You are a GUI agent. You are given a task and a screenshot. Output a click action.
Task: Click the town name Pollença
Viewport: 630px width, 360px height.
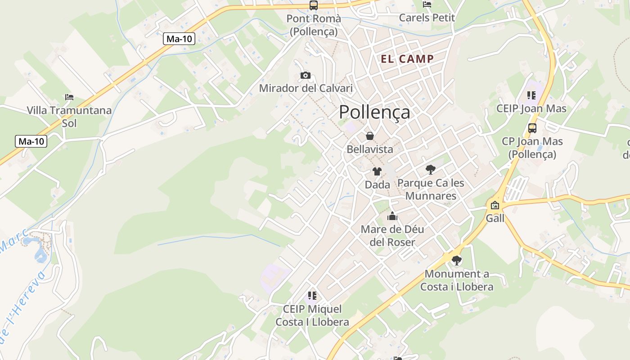pos(374,112)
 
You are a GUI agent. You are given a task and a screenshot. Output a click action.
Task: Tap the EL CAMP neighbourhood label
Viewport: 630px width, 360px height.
pos(407,59)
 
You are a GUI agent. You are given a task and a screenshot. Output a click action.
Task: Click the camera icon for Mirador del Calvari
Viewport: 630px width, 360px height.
pos(306,75)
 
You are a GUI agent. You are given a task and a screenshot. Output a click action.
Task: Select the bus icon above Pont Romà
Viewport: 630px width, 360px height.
pos(314,5)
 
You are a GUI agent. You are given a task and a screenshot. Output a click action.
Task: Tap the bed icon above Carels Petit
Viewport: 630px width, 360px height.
pos(427,4)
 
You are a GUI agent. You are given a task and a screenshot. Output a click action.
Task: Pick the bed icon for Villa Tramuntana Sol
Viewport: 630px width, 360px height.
pos(69,97)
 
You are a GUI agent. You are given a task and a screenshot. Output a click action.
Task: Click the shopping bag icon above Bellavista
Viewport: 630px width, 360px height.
pos(370,136)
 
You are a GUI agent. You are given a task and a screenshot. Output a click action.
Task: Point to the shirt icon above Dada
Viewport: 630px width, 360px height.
pos(377,171)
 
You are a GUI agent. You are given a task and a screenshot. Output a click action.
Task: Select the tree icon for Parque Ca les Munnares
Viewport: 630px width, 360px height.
pos(431,170)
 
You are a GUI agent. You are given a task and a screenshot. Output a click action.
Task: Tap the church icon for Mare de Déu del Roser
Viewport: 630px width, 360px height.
pos(392,216)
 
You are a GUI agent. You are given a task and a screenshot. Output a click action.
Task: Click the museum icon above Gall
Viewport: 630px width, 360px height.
pos(495,205)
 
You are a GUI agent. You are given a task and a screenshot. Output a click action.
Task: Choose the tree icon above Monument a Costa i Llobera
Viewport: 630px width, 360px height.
pos(457,261)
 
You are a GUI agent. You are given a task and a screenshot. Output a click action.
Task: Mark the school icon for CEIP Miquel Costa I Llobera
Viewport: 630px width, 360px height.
pos(312,296)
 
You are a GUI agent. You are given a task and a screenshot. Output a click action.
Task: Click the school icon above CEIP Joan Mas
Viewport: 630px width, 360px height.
pos(531,95)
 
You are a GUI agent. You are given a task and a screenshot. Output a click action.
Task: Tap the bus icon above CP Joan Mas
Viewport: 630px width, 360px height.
pos(532,128)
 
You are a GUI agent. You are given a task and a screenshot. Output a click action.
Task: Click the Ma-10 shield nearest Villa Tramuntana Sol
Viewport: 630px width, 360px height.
pos(31,141)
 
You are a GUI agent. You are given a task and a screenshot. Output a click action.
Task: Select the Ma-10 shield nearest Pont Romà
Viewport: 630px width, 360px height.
pos(179,39)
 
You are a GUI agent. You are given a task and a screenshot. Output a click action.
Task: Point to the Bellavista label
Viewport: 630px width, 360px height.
pos(370,149)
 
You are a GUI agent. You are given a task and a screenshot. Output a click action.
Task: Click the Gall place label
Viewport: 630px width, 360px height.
pos(495,218)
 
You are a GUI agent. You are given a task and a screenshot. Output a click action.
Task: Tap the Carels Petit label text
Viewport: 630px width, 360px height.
pos(427,18)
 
